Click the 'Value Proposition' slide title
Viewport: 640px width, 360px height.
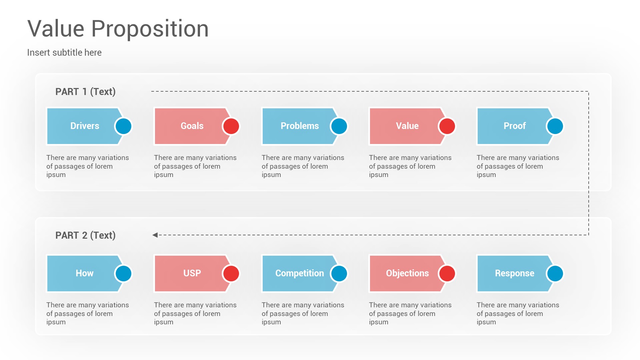tap(118, 29)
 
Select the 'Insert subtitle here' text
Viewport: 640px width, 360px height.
tap(64, 53)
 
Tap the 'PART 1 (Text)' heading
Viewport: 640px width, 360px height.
tap(85, 92)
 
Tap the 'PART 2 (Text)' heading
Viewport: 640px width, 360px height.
tap(85, 235)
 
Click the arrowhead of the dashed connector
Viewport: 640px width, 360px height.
tap(155, 235)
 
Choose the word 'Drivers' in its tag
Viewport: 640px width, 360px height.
tap(85, 126)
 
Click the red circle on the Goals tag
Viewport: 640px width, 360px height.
tap(231, 126)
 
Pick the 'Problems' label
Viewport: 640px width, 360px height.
tap(300, 126)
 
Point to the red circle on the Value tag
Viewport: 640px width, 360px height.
tap(447, 126)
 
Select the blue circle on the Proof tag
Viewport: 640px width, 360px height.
tap(555, 126)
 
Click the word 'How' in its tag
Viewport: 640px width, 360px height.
tap(85, 273)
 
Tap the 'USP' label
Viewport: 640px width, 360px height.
tap(192, 273)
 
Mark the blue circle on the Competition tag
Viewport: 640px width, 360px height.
tap(339, 274)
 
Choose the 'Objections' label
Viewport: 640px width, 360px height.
tap(407, 273)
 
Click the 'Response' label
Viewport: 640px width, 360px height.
tap(515, 273)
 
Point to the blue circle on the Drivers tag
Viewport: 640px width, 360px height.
tap(123, 126)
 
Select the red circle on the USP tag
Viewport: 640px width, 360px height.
tap(231, 274)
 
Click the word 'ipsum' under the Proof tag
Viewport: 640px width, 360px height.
tap(486, 175)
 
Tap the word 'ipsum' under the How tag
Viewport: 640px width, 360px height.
tap(56, 322)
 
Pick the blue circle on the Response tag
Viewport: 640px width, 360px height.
tap(555, 274)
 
